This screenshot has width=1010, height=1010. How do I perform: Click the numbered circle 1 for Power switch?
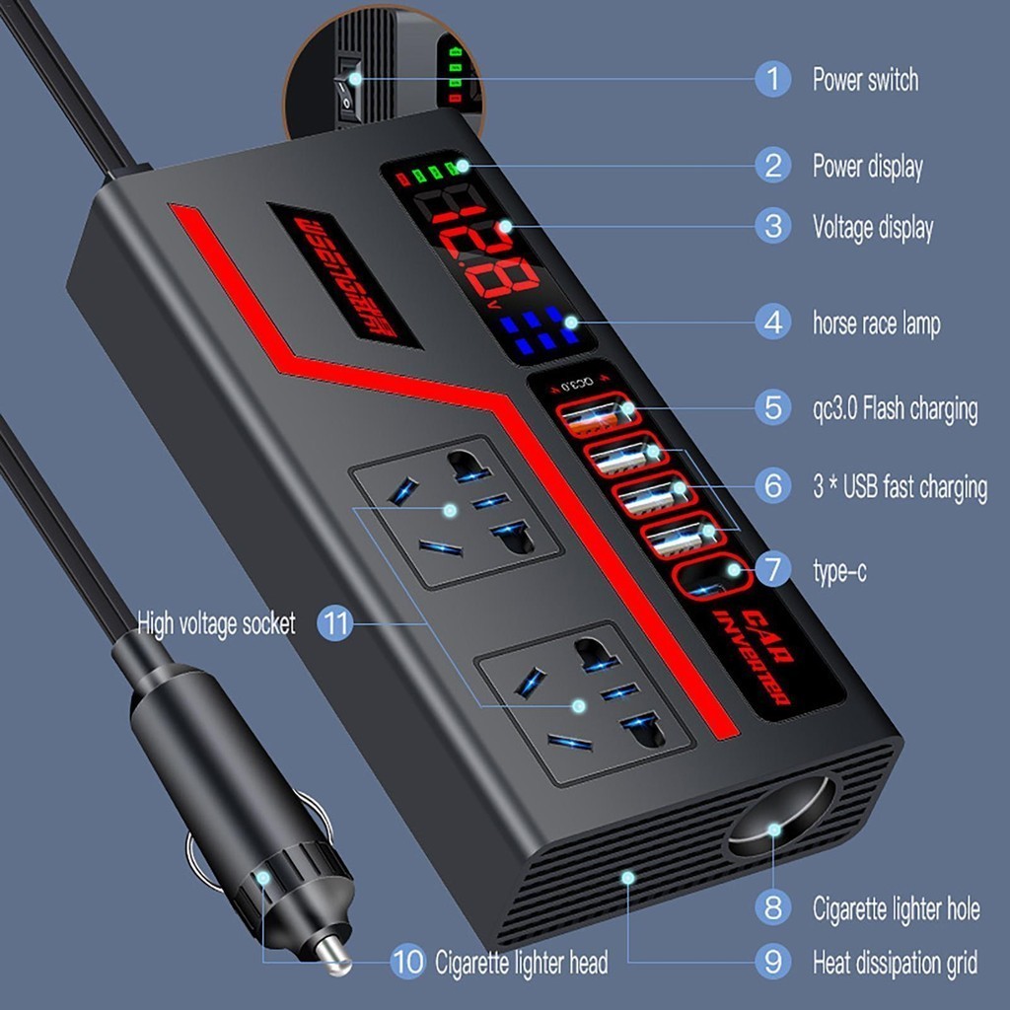772,78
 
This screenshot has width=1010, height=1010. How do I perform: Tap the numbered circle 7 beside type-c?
772,569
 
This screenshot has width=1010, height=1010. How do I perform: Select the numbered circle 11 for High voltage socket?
335,623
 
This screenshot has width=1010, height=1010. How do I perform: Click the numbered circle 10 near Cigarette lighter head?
407,961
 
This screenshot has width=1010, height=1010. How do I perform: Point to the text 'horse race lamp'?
876,323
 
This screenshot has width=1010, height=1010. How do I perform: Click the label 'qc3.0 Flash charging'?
895,407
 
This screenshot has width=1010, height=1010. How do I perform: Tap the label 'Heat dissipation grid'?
895,961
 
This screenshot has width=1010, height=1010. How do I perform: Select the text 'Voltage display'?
872,228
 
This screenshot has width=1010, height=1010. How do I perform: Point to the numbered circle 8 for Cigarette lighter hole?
772,905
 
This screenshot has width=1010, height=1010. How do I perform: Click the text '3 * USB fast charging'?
899,487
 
